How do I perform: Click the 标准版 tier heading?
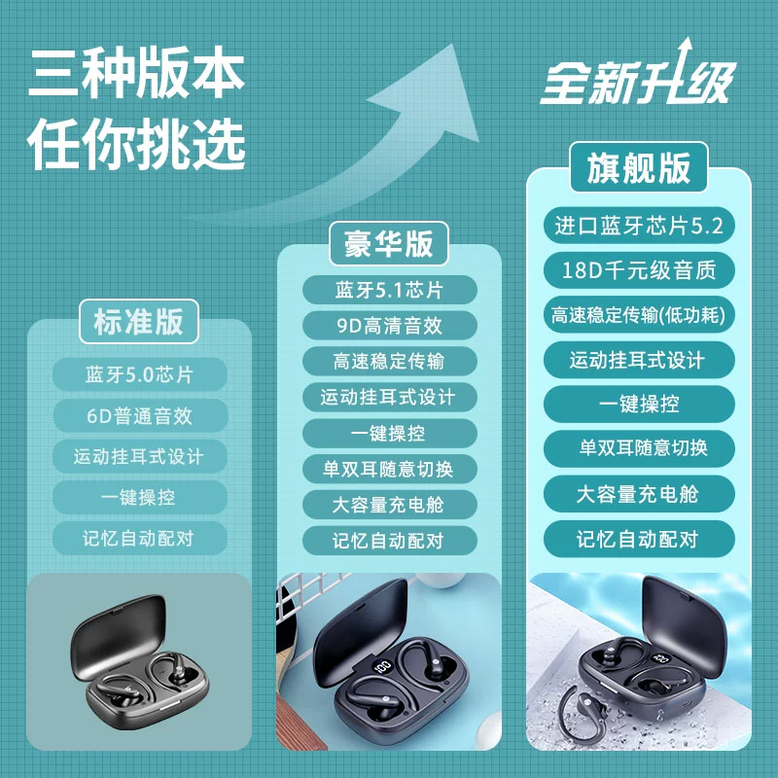[139, 322]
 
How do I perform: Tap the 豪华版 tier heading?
[389, 244]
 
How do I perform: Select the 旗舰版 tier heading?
[639, 167]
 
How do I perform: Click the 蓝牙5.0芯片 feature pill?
[139, 374]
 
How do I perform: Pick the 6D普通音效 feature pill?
[139, 415]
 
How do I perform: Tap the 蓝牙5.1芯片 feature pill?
[390, 290]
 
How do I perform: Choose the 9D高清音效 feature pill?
[390, 326]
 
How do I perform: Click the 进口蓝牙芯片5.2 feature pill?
[639, 226]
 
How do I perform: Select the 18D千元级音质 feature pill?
[639, 270]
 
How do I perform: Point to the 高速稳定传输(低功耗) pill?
[639, 314]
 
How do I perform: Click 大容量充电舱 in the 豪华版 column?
[390, 505]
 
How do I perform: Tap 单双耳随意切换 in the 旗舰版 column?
[639, 448]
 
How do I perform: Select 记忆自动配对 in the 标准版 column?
[139, 538]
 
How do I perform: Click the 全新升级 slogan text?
[638, 80]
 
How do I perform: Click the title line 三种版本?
[136, 72]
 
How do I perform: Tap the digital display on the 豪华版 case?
[383, 666]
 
